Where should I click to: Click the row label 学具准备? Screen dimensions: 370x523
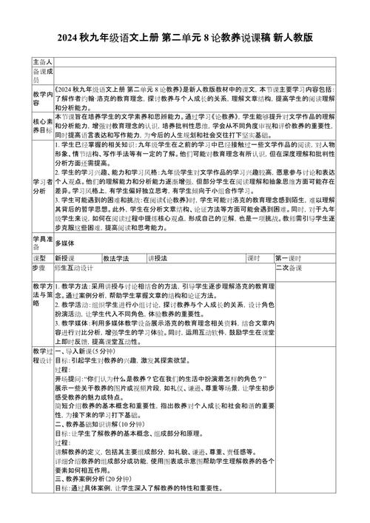point(42,240)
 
